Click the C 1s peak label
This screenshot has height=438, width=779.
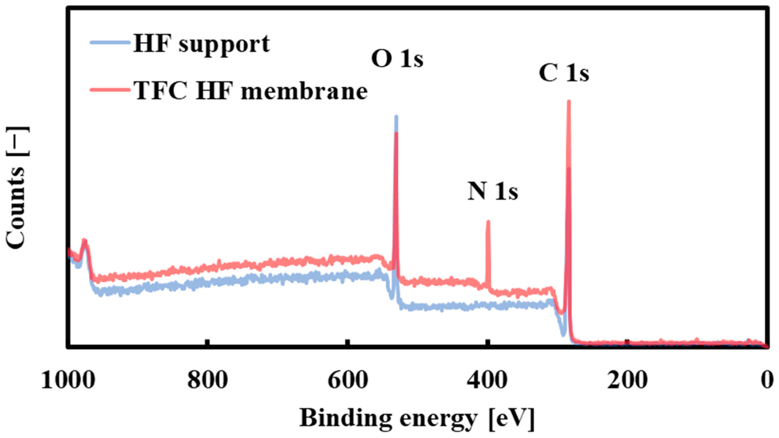[x=564, y=74]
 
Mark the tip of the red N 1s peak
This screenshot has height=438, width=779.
[x=487, y=221]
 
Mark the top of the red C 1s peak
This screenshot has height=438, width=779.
[x=568, y=102]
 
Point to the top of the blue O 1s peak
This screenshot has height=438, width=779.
[x=396, y=116]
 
